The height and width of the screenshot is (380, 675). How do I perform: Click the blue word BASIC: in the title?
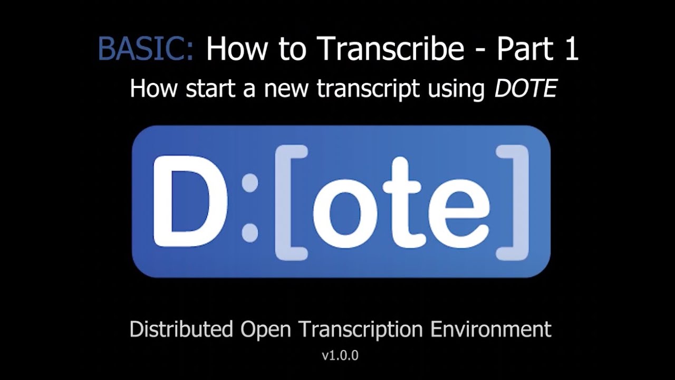pos(146,49)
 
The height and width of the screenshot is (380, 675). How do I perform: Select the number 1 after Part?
pos(568,49)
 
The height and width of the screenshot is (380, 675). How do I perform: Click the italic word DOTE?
pos(525,89)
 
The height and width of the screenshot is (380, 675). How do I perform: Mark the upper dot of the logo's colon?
pos(250,183)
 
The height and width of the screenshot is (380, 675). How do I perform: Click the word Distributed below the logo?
pos(181,329)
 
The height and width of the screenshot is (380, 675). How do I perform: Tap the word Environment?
pos(491,329)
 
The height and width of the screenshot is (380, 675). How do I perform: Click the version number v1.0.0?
pos(340,356)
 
